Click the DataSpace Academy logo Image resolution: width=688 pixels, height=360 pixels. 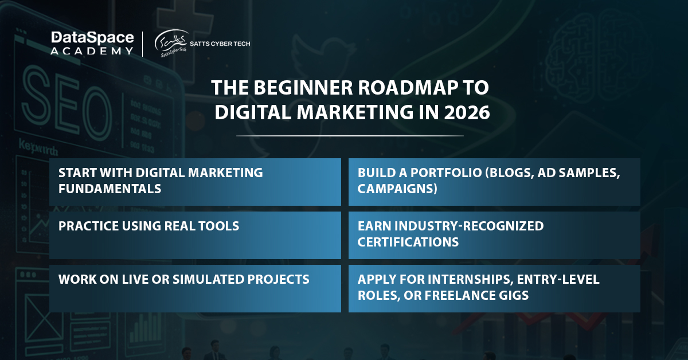pyautogui.click(x=92, y=44)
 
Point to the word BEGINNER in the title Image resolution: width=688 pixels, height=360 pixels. pyautogui.click(x=303, y=88)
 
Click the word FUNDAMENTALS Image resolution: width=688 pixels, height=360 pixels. pyautogui.click(x=110, y=189)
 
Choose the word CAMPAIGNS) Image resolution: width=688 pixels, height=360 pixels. pyautogui.click(x=397, y=189)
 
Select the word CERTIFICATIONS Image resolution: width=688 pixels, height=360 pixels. pyautogui.click(x=408, y=242)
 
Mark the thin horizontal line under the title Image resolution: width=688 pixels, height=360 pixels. pyautogui.click(x=350, y=135)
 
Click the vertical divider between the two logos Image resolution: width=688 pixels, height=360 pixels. pyautogui.click(x=143, y=44)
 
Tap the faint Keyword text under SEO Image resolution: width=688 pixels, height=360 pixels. pyautogui.click(x=38, y=147)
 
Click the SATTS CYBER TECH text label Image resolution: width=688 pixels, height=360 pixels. pyautogui.click(x=220, y=44)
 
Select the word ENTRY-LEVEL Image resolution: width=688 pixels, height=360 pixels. pyautogui.click(x=558, y=279)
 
